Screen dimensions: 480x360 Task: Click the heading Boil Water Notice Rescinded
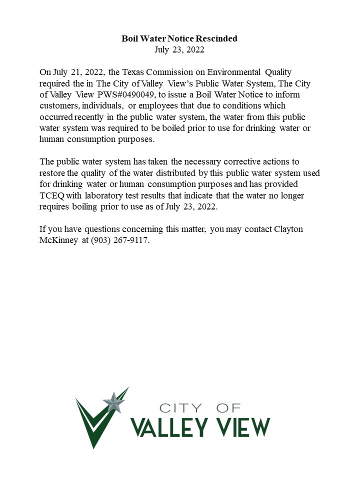point(179,38)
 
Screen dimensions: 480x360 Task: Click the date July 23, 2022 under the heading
point(179,49)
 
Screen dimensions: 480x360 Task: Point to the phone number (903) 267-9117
point(119,240)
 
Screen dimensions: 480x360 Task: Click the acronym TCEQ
point(52,195)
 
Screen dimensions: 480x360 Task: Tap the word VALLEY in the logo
point(168,427)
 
